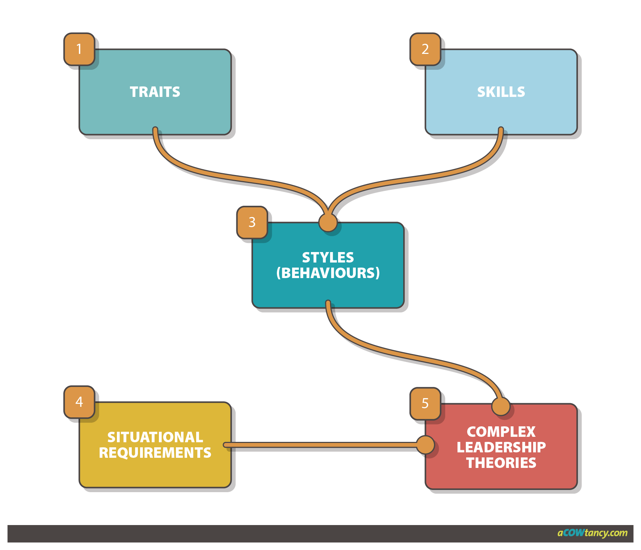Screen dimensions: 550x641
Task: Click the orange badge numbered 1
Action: pyautogui.click(x=79, y=49)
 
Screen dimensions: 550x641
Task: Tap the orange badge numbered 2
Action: pyautogui.click(x=425, y=49)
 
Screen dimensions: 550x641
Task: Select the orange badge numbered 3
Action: pyautogui.click(x=252, y=222)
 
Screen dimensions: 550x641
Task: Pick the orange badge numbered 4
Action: pyautogui.click(x=79, y=402)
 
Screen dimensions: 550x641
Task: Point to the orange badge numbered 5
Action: pyautogui.click(x=425, y=403)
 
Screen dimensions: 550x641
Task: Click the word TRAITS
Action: pyautogui.click(x=155, y=92)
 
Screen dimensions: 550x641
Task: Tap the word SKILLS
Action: pyautogui.click(x=501, y=92)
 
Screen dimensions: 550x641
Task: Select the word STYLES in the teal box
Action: pyautogui.click(x=328, y=257)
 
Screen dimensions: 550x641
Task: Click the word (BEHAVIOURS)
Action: pyautogui.click(x=328, y=273)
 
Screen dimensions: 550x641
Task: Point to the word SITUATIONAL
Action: pyautogui.click(x=155, y=437)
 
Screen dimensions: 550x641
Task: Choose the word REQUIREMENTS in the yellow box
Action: pyautogui.click(x=155, y=453)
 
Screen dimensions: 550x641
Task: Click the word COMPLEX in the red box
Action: pyautogui.click(x=501, y=432)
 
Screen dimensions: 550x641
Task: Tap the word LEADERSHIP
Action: pyautogui.click(x=501, y=447)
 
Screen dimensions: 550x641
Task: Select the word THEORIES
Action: pyautogui.click(x=501, y=463)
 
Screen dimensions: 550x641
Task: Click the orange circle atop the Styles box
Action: pyautogui.click(x=328, y=222)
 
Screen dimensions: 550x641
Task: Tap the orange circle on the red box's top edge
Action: pyautogui.click(x=501, y=406)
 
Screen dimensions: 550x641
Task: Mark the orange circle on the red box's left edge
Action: pyautogui.click(x=425, y=445)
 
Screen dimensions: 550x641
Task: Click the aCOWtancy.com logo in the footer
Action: pyautogui.click(x=592, y=533)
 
